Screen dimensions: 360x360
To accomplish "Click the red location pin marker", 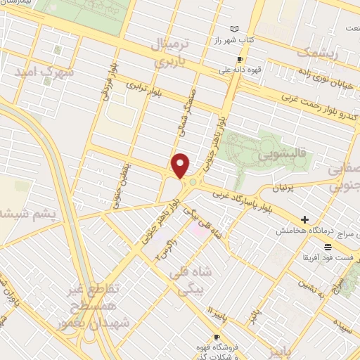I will tap(181, 165).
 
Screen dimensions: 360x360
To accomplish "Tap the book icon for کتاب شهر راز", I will tap(244, 29).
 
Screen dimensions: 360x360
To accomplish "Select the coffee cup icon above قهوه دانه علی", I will tap(239, 59).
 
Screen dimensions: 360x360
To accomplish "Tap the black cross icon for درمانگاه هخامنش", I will tap(304, 220).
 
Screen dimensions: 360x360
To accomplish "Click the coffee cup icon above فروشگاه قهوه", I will tap(217, 319).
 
